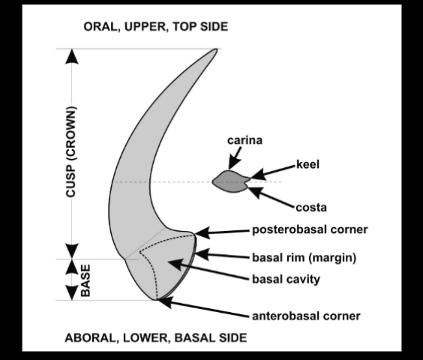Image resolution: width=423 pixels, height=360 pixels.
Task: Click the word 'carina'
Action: (242, 139)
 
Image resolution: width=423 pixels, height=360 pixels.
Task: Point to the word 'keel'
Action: (308, 163)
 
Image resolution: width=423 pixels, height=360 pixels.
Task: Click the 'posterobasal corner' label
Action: (309, 229)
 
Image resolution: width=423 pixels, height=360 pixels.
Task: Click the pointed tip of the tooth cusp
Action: (216, 51)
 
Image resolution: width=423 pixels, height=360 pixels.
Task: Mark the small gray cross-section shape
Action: (231, 181)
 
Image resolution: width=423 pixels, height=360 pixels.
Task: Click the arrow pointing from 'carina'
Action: (235, 157)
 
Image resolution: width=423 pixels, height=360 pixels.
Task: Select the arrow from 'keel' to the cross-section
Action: (273, 170)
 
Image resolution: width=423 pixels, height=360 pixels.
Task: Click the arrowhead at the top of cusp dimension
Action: (71, 56)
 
